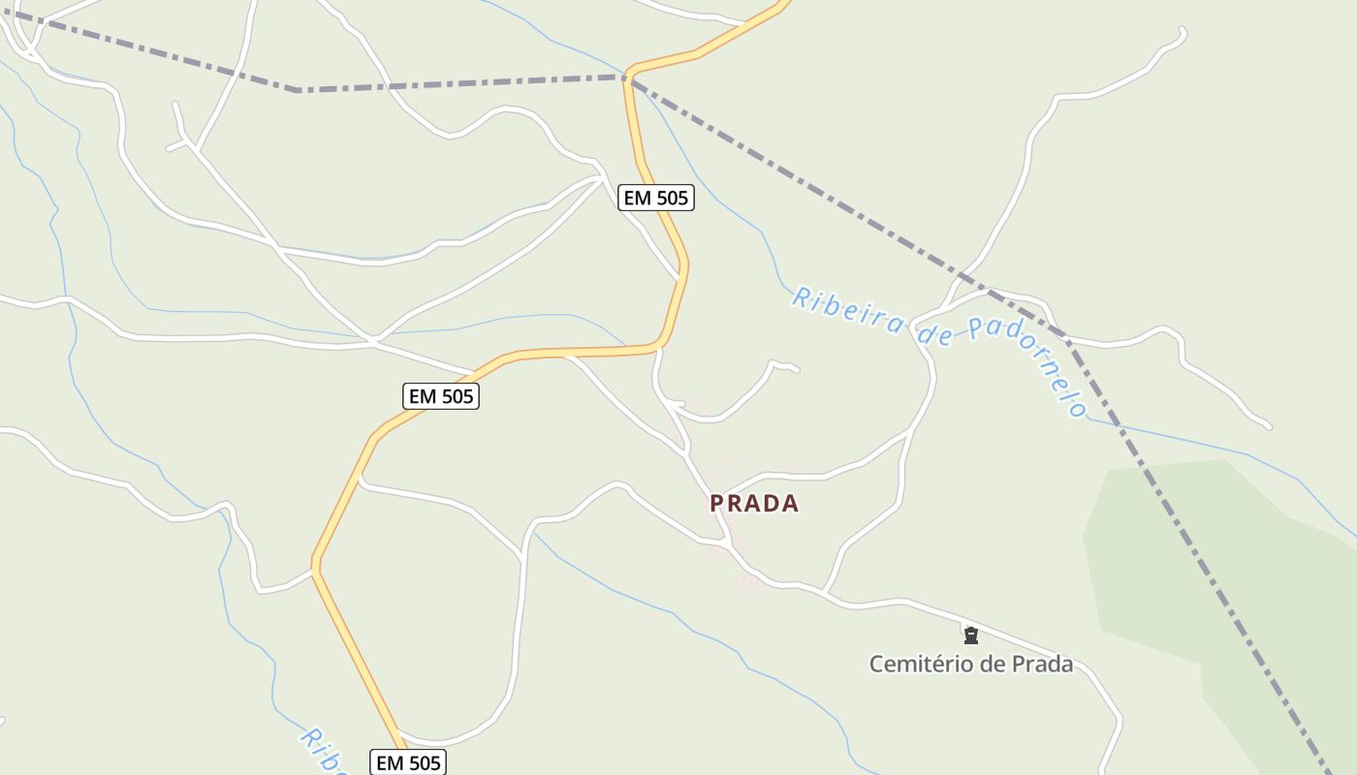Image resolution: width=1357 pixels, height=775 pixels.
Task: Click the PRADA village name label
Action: click(754, 504)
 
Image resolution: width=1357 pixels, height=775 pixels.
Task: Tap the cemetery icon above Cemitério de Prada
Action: click(970, 635)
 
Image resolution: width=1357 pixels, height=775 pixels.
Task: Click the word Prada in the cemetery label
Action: click(1042, 665)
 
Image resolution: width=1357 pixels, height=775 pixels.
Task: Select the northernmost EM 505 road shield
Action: click(656, 199)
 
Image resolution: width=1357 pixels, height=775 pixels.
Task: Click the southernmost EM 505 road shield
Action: click(408, 762)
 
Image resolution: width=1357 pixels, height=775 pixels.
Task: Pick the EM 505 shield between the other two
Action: click(441, 396)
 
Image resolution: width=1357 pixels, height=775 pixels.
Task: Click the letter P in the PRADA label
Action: click(717, 504)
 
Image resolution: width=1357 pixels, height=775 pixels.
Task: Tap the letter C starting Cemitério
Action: click(876, 665)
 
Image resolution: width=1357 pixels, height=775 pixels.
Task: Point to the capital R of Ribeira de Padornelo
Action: click(802, 296)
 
